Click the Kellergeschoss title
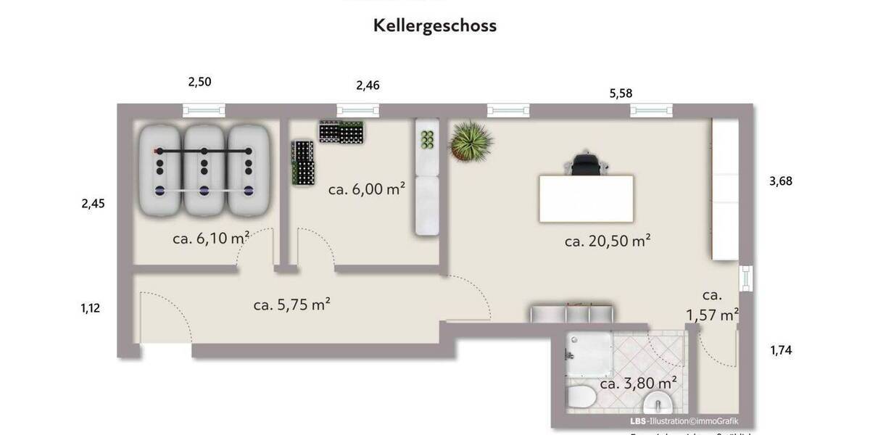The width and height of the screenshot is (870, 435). [x=435, y=25]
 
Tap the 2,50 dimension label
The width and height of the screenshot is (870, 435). [x=199, y=82]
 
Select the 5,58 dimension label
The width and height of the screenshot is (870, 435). [x=621, y=93]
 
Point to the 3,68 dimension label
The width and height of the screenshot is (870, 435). [x=780, y=181]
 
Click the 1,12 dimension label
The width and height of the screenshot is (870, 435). [x=90, y=308]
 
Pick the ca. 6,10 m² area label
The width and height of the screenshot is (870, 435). [x=211, y=239]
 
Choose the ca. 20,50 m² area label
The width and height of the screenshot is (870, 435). [x=608, y=241]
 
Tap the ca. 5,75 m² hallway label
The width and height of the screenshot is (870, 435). [x=291, y=305]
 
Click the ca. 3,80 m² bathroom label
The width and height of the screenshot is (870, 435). [x=638, y=383]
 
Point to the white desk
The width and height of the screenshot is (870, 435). [x=586, y=199]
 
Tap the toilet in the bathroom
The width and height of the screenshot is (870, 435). [x=581, y=398]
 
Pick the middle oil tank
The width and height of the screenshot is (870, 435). [x=204, y=171]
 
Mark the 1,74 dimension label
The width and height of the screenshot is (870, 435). [x=781, y=351]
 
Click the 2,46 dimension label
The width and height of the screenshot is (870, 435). [x=368, y=86]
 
